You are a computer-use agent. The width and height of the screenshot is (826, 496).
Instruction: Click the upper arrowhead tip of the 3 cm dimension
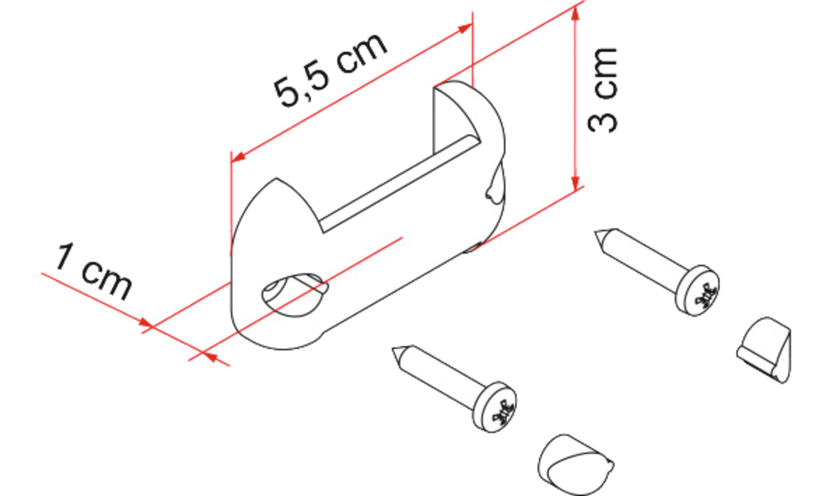[x=575, y=7]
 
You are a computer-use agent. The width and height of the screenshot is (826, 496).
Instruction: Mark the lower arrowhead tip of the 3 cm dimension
[x=575, y=190]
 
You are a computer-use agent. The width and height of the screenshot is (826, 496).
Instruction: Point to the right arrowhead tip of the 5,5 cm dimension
[x=472, y=25]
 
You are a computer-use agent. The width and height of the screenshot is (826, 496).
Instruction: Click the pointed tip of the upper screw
[x=596, y=232]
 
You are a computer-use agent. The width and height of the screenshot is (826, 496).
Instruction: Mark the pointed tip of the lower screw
[x=392, y=349]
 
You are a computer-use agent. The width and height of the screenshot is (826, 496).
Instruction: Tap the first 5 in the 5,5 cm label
[x=288, y=93]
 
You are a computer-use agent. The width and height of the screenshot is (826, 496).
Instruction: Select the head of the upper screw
[x=697, y=290]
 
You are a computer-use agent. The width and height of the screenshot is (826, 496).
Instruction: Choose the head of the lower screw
[x=494, y=407]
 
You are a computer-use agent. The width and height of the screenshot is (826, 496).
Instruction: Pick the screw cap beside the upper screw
[x=763, y=350]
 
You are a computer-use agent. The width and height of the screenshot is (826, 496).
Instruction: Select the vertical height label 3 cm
[x=602, y=89]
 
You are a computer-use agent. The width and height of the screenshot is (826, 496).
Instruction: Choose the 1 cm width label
[x=93, y=272]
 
